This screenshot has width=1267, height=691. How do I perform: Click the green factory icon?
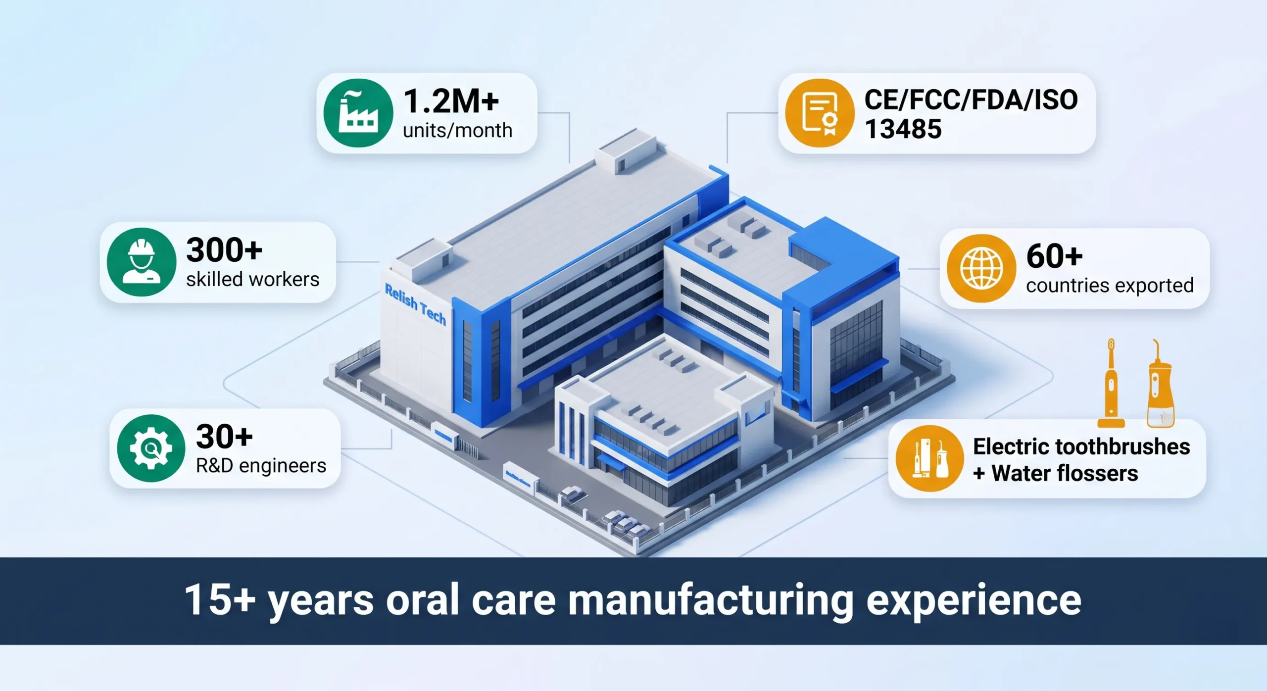pos(358,113)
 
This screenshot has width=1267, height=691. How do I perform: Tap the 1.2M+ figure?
pos(451,101)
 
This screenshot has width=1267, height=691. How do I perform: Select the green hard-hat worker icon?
pos(142,262)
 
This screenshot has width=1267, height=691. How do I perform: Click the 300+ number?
pos(224,250)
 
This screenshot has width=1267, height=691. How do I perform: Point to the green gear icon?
pos(151,448)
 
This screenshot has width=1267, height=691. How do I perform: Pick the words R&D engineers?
pos(261,466)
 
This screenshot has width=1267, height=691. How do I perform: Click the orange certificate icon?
pos(820,113)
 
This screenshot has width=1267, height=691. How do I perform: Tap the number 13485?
pos(903,129)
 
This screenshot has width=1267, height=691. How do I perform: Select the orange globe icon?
pos(981,268)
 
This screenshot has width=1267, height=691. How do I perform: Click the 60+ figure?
pos(1054,256)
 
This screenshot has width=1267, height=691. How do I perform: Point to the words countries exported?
pos(1110,286)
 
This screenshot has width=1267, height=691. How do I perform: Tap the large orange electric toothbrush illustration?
pos(1111,384)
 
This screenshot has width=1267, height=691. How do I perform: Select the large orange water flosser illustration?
pos(1160,386)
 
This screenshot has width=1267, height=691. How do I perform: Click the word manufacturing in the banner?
pos(711,600)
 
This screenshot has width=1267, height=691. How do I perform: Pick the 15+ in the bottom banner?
pos(220,600)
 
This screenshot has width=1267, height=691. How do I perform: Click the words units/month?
pos(457,131)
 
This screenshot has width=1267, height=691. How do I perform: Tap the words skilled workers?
pos(252,280)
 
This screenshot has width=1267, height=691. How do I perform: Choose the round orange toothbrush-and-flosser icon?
pos(929,458)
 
